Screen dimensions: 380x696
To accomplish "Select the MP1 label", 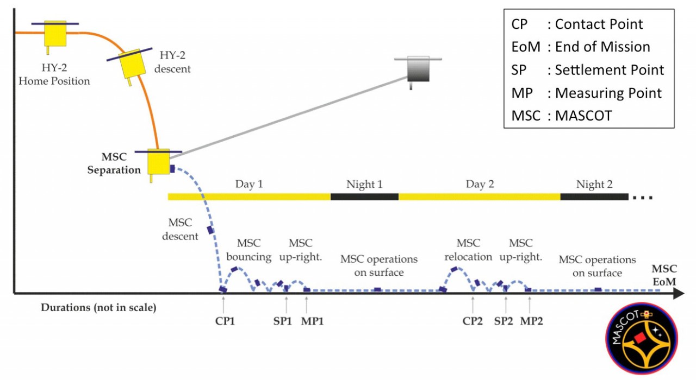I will (x=313, y=320).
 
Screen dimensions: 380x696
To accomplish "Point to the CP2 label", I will (x=473, y=320).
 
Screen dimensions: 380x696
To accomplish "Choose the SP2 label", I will (x=504, y=320).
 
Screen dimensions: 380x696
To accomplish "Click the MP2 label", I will (x=532, y=320).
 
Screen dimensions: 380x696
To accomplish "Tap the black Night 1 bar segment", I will (x=364, y=197).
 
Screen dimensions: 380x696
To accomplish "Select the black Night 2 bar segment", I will (x=594, y=197).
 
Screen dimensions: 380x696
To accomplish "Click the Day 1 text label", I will (x=249, y=184).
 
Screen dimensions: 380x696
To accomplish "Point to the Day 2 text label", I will (x=480, y=184).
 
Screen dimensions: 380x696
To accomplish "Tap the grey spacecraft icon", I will (x=419, y=69).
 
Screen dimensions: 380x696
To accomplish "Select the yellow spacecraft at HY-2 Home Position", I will (x=54, y=34).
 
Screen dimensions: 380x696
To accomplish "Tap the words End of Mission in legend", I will (x=602, y=47).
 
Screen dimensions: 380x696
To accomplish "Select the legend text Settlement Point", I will (x=610, y=70).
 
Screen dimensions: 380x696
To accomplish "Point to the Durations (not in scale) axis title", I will (x=98, y=308).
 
